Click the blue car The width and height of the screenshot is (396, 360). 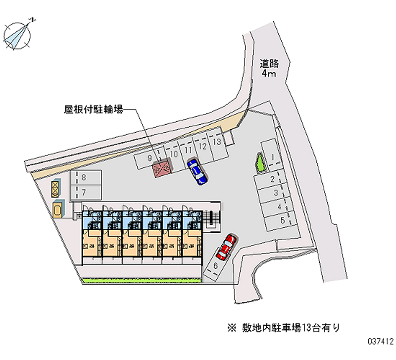(197, 171)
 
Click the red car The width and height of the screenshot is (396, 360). (225, 246)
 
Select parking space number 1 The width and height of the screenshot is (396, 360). (271, 157)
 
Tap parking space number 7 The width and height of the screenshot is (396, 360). (85, 192)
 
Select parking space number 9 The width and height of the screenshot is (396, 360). (149, 158)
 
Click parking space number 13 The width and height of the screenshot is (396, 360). (216, 142)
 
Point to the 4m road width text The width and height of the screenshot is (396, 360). (269, 74)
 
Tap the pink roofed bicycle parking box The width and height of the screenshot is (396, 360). (161, 169)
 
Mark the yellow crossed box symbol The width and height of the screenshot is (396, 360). (54, 188)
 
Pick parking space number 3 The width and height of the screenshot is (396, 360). (275, 193)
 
